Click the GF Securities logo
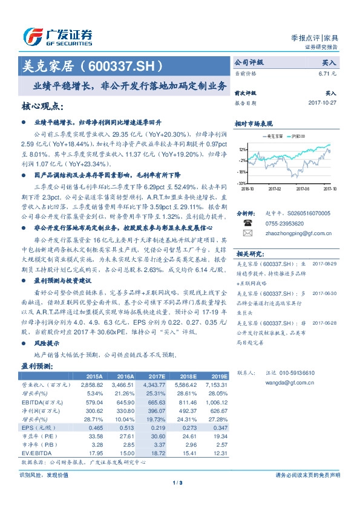pos(57,36)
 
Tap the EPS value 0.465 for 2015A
pos(98,427)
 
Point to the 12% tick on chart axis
pos(241,149)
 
